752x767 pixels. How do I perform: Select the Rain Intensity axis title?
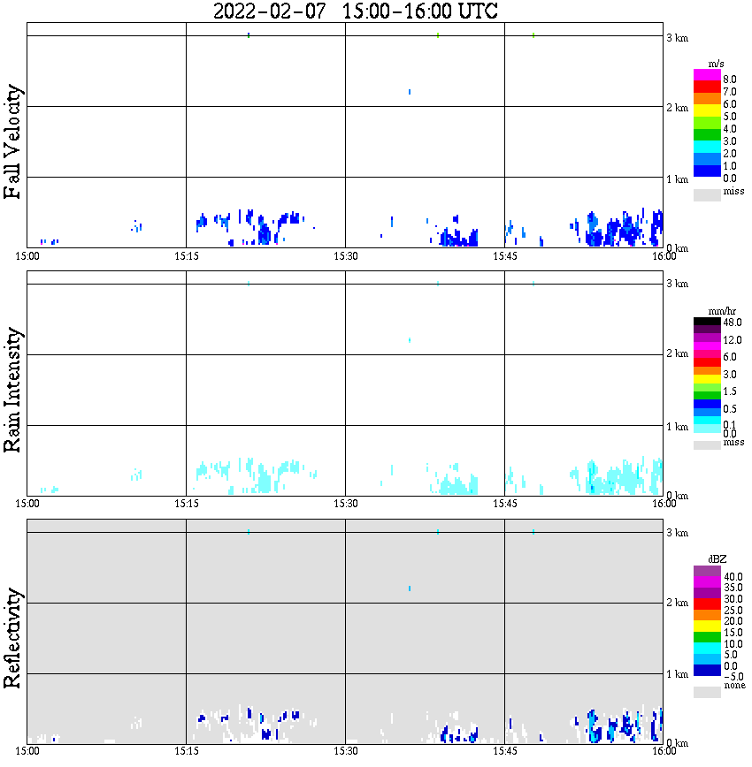12,390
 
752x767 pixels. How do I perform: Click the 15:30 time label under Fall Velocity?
345,256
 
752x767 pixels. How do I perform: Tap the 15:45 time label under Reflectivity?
504,752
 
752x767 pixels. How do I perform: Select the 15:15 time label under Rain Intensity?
186,504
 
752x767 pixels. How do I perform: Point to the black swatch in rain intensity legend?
707,322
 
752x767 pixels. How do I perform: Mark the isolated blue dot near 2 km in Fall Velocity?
410,92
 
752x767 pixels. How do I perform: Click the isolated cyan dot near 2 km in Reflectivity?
410,589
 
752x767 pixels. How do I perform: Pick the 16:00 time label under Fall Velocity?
664,256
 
